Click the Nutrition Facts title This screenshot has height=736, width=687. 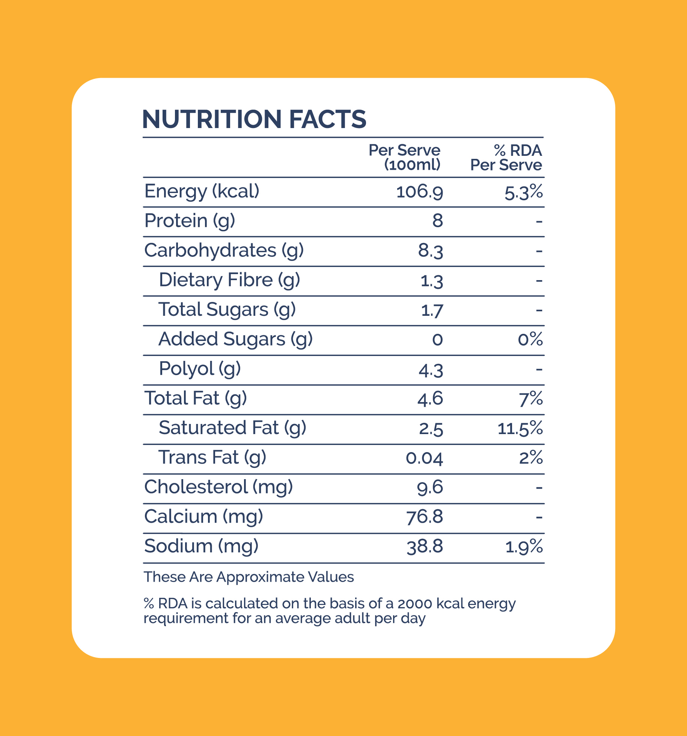click(x=254, y=119)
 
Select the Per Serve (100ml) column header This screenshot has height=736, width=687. click(x=404, y=157)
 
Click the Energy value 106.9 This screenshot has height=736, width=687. click(x=420, y=192)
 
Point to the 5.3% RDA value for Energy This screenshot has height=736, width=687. click(x=523, y=192)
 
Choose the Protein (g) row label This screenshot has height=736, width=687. click(x=190, y=221)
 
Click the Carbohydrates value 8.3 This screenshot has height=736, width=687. click(x=431, y=251)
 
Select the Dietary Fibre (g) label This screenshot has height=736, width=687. click(x=229, y=280)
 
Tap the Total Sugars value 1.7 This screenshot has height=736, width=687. click(x=432, y=310)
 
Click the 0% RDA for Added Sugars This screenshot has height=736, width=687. click(x=530, y=339)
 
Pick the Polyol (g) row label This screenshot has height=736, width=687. click(x=200, y=369)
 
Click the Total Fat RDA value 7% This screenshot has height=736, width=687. click(x=531, y=399)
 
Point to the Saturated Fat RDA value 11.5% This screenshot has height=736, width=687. click(x=520, y=428)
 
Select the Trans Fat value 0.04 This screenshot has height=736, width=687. click(x=424, y=458)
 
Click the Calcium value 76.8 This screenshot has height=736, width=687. click(x=425, y=517)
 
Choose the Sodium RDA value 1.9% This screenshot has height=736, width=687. click(x=524, y=547)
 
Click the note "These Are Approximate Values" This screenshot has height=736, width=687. click(x=249, y=577)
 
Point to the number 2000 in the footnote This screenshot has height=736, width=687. click(x=415, y=603)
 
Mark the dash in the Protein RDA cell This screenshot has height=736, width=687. click(x=539, y=222)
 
